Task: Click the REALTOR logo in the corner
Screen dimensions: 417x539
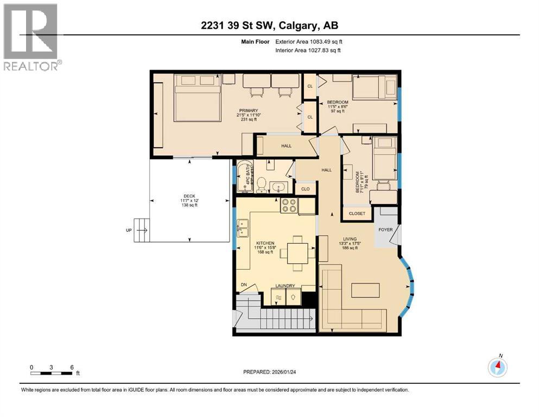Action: click(x=31, y=37)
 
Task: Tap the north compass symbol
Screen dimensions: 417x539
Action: click(x=497, y=368)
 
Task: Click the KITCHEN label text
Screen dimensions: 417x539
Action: click(x=265, y=243)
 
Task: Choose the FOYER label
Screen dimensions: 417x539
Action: click(x=385, y=229)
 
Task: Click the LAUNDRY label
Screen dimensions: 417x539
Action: click(x=285, y=286)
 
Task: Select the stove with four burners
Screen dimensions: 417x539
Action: click(x=288, y=206)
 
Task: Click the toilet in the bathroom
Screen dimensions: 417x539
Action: click(x=261, y=185)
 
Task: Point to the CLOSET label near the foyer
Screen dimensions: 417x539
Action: click(x=357, y=214)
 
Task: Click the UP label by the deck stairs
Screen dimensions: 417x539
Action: click(x=129, y=230)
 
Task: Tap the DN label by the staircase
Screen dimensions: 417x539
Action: click(x=244, y=285)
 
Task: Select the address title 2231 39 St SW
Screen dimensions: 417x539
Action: click(x=269, y=26)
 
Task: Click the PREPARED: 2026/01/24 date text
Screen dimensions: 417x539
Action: click(x=269, y=372)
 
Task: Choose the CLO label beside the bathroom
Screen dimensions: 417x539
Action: click(x=305, y=189)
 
